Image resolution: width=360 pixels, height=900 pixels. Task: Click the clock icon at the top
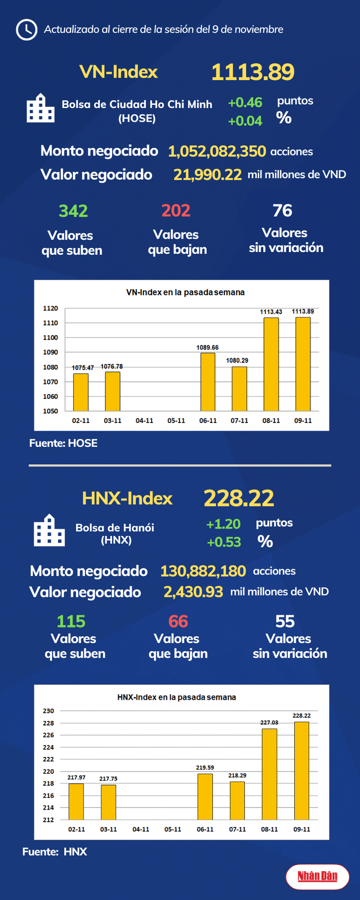26,30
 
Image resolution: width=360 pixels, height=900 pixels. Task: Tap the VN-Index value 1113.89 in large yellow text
253,72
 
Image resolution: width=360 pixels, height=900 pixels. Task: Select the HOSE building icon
41,108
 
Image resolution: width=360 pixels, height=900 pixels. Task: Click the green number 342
73,211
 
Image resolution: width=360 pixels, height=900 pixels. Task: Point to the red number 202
176,211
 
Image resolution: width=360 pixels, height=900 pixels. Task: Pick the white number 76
283,211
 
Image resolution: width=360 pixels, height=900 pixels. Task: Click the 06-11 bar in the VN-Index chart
208,382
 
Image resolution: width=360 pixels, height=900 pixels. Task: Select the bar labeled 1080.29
239,389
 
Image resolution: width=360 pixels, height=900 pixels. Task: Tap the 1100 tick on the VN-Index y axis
51,338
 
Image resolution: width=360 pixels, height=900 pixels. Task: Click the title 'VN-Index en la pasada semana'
185,292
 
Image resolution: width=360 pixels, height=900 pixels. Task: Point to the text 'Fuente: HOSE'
63,443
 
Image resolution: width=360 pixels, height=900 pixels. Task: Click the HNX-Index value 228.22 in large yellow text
239,498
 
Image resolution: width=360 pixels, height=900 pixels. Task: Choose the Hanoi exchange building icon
49,530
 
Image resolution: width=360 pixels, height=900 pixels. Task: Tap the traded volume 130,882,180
203,571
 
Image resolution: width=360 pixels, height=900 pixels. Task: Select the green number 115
71,622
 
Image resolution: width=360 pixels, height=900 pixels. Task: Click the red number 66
178,622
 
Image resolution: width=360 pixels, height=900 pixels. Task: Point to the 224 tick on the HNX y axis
48,747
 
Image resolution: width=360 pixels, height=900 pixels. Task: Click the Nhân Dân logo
318,876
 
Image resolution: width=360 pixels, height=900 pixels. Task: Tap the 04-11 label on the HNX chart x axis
141,829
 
